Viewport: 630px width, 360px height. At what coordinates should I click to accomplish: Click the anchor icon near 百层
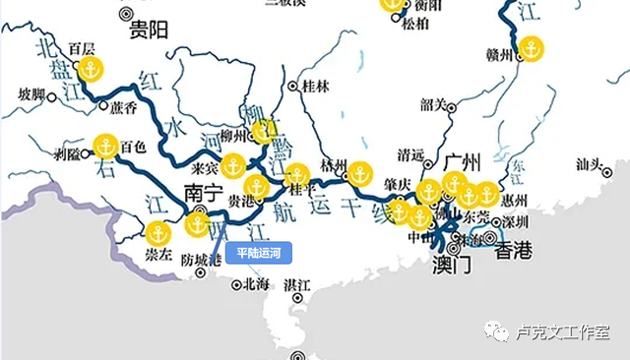click(x=91, y=70)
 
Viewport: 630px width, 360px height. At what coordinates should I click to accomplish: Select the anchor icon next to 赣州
click(x=532, y=48)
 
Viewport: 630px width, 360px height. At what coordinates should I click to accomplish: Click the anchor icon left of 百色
click(x=105, y=147)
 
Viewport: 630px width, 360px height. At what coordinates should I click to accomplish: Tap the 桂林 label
click(x=315, y=86)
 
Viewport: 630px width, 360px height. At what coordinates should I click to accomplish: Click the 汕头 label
click(x=588, y=164)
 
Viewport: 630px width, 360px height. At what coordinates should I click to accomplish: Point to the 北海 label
click(x=255, y=284)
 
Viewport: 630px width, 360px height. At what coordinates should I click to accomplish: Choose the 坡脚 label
click(x=32, y=94)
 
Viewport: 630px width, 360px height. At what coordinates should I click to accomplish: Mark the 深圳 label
click(x=515, y=221)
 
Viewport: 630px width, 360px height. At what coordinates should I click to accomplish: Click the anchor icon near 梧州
click(x=360, y=173)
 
